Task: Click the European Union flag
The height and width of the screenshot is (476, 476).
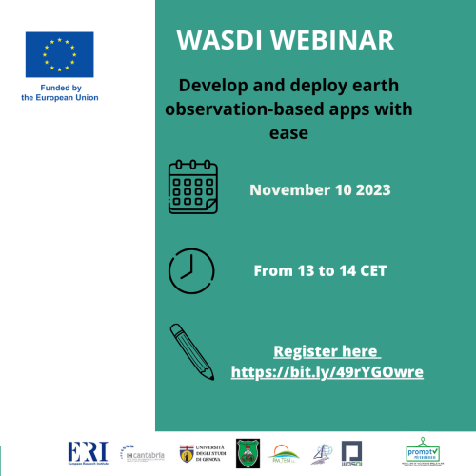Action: tap(59, 54)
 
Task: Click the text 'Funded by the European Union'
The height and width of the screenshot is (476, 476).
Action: tap(59, 92)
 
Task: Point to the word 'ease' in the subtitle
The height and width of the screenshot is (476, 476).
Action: tap(290, 134)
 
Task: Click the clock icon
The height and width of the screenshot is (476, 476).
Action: tap(191, 269)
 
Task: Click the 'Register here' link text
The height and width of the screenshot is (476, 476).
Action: tap(327, 350)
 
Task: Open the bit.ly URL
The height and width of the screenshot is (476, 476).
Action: tap(327, 371)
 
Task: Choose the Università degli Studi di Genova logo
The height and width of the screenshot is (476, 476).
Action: tap(204, 452)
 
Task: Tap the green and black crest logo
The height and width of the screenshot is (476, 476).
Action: tap(248, 453)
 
